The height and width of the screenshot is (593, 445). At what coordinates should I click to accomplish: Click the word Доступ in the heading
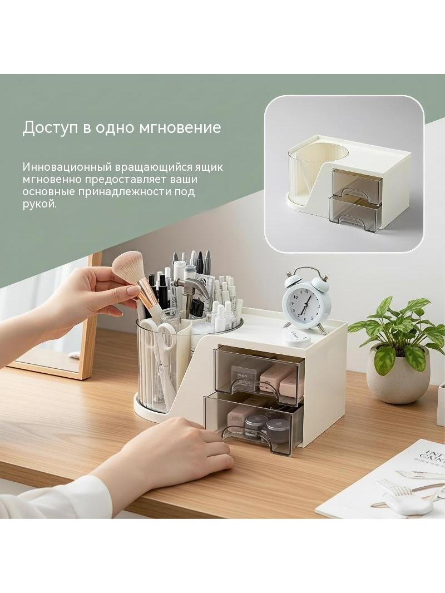[x=51, y=128]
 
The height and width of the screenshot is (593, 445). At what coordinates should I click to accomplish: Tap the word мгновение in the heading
[x=180, y=128]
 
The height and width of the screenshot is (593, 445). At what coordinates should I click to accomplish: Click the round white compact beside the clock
[x=296, y=336]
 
